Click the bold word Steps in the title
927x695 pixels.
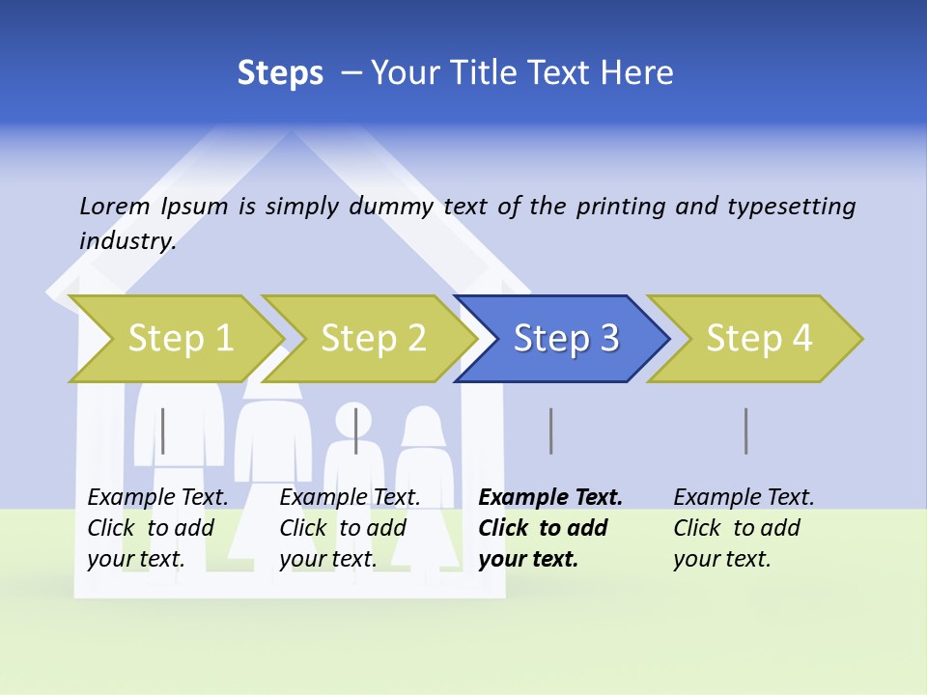(x=280, y=73)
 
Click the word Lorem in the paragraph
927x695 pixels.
(x=114, y=207)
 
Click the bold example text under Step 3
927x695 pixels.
(x=550, y=528)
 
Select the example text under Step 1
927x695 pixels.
(x=157, y=528)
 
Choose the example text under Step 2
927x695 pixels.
(x=350, y=528)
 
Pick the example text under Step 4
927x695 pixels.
(x=744, y=528)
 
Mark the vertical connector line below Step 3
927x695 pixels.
(x=550, y=431)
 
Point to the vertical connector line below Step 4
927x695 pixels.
(x=745, y=431)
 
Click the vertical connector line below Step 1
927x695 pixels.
(x=163, y=431)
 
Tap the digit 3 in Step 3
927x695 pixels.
(x=609, y=338)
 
